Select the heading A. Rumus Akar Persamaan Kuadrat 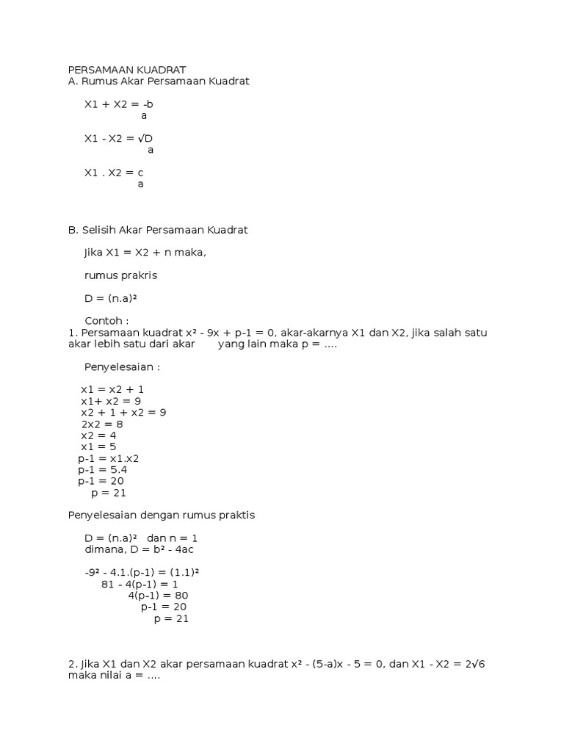pyautogui.click(x=159, y=82)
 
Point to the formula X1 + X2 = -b pyautogui.click(x=118, y=104)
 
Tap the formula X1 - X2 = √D pyautogui.click(x=118, y=138)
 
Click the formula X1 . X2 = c pyautogui.click(x=114, y=173)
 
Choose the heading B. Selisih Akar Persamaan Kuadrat pyautogui.click(x=158, y=230)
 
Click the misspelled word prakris pyautogui.click(x=140, y=275)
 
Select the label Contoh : pyautogui.click(x=106, y=321)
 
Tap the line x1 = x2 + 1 pyautogui.click(x=117, y=389)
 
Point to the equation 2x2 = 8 pyautogui.click(x=102, y=424)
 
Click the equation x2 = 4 pyautogui.click(x=98, y=435)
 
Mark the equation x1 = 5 pyautogui.click(x=98, y=446)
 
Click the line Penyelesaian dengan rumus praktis pyautogui.click(x=161, y=516)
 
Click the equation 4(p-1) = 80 pyautogui.click(x=158, y=596)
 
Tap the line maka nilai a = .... pyautogui.click(x=113, y=676)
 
